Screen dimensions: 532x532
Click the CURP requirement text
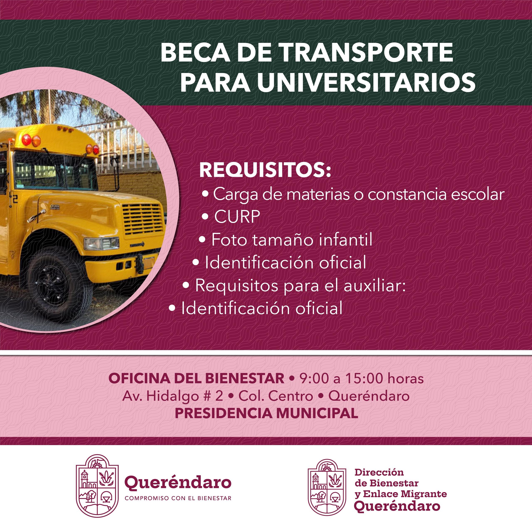pos(237,217)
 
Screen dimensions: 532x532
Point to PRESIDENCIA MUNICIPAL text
pos(267,413)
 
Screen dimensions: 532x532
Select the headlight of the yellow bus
pos(101,243)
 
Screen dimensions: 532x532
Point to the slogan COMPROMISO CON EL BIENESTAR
pos(178,498)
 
